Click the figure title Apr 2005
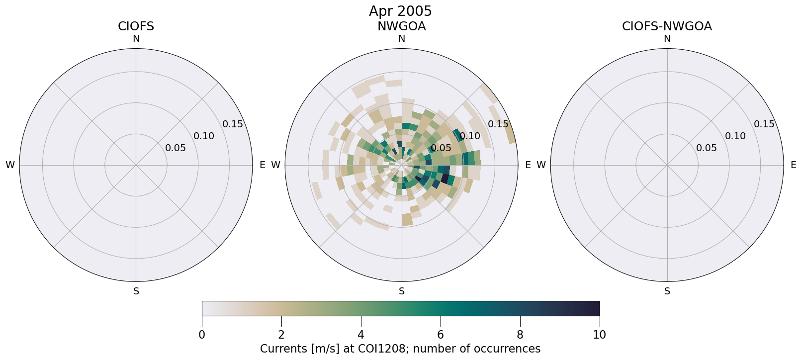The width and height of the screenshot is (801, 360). (x=400, y=11)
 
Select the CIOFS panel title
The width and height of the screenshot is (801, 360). (x=136, y=26)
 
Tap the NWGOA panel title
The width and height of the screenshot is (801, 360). (x=401, y=26)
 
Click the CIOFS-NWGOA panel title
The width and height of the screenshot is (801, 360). (x=667, y=26)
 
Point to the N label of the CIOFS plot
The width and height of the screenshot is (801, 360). (x=136, y=39)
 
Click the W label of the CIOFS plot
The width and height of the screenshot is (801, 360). (x=10, y=165)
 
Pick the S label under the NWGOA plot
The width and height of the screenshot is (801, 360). (x=402, y=291)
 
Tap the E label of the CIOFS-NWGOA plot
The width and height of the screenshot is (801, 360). (x=794, y=165)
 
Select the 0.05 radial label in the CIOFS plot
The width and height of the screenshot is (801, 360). (x=176, y=148)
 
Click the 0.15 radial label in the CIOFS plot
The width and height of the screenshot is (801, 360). (x=233, y=124)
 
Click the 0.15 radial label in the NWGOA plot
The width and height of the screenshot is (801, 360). (x=498, y=124)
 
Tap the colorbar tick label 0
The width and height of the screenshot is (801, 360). (x=202, y=335)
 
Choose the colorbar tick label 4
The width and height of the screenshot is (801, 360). (x=361, y=335)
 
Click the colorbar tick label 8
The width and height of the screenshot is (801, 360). (x=520, y=335)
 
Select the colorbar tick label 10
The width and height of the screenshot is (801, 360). (x=600, y=335)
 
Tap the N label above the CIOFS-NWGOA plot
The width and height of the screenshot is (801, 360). (x=667, y=39)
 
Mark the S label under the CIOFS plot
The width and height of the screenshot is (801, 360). (x=136, y=291)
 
